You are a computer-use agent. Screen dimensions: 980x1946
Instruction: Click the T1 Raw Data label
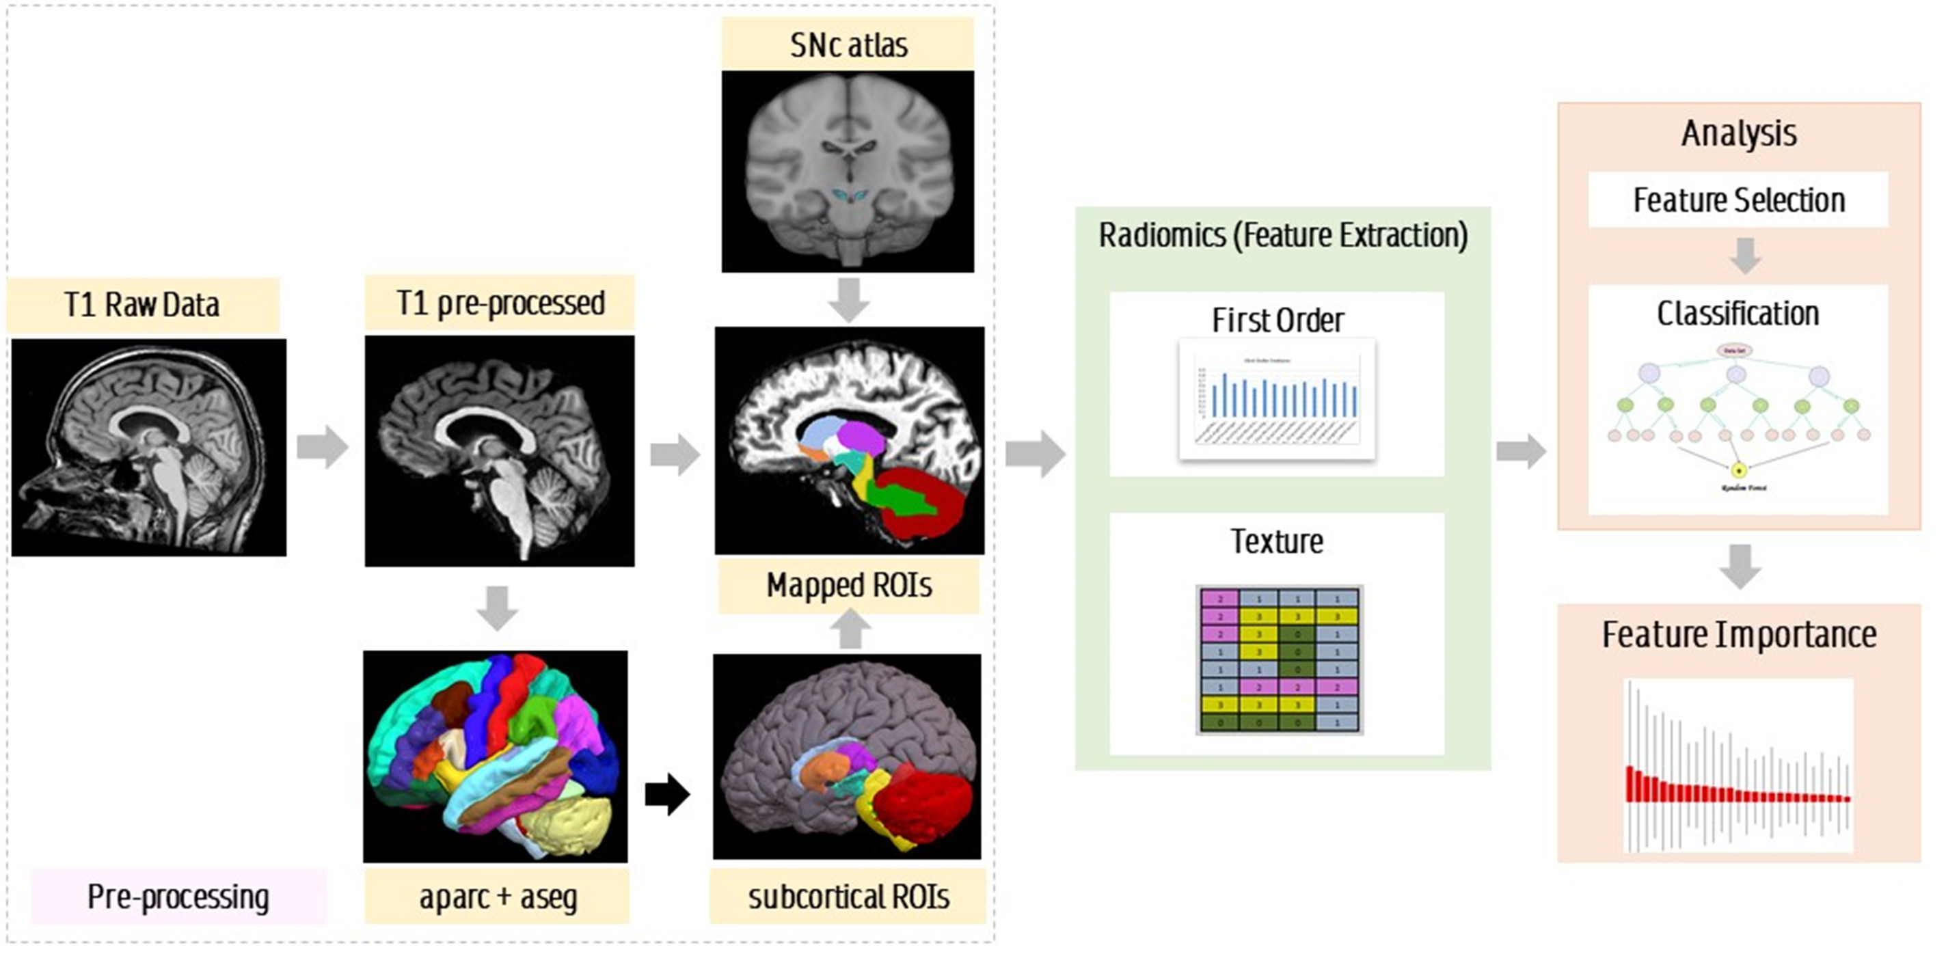(142, 305)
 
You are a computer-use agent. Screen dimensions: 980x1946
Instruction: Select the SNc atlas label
(848, 45)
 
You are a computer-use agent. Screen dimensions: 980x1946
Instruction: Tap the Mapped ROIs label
(848, 585)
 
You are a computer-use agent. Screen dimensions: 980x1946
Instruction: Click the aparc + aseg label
(497, 897)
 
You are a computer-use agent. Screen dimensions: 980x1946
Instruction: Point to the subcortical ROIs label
(848, 897)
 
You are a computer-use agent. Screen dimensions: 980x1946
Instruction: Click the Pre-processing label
(178, 897)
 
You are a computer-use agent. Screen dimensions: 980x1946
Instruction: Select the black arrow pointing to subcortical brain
(667, 794)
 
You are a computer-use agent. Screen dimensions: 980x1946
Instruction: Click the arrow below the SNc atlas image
(848, 300)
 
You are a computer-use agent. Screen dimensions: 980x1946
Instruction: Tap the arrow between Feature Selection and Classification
(1745, 256)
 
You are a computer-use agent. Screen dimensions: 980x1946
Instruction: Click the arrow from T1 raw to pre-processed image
(323, 447)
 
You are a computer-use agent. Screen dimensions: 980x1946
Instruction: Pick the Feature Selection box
(1738, 200)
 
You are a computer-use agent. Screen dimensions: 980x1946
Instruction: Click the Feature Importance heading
(1739, 635)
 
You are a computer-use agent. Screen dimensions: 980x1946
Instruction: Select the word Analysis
(1739, 134)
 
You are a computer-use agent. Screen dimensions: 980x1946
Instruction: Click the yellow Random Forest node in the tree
(1738, 470)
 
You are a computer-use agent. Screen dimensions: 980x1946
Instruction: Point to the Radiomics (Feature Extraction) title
(1283, 236)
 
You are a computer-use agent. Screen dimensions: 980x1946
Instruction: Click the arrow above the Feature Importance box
(1740, 567)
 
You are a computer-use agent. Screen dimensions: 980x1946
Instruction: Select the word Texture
(1277, 541)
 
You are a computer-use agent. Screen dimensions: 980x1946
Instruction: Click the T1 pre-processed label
(500, 303)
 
